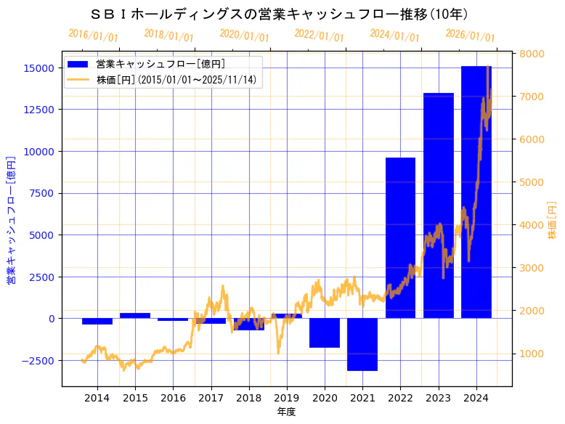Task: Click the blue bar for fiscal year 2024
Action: (x=476, y=192)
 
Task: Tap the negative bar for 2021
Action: (x=362, y=344)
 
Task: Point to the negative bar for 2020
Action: (x=325, y=333)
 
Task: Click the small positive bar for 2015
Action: (x=135, y=316)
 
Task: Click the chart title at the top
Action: (x=280, y=14)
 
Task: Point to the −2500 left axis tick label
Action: (x=38, y=360)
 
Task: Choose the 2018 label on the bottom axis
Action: (x=248, y=398)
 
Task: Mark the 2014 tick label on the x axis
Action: (x=97, y=398)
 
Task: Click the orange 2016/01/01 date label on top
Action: (x=93, y=35)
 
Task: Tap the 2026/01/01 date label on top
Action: (x=470, y=35)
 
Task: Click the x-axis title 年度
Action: (x=286, y=412)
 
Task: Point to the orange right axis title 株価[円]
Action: (x=552, y=221)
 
